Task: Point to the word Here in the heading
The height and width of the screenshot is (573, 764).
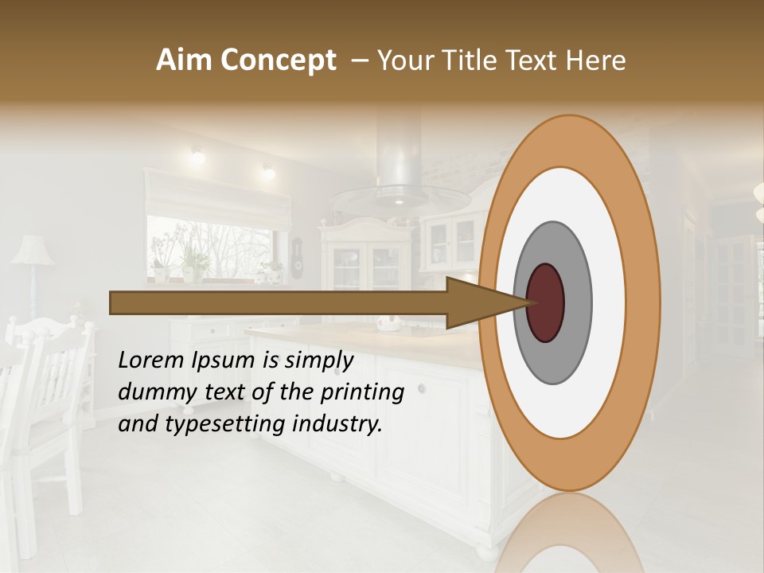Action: click(596, 60)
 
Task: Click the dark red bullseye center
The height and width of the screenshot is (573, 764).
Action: click(545, 302)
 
